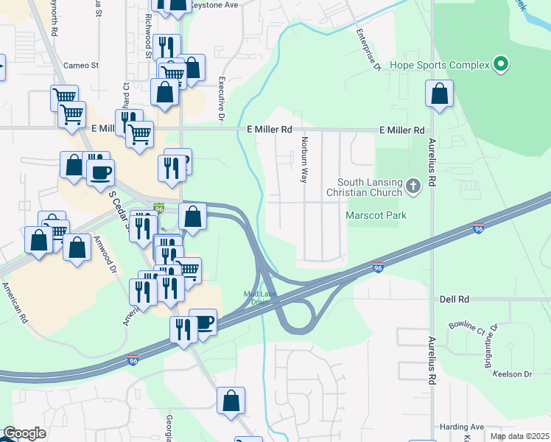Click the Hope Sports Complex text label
click(x=440, y=65)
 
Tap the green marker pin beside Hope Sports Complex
click(x=501, y=65)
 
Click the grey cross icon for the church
click(x=413, y=186)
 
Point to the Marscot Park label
click(x=376, y=215)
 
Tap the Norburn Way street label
click(x=303, y=159)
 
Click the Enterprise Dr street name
click(x=367, y=50)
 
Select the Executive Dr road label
click(x=221, y=98)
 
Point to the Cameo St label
click(x=81, y=65)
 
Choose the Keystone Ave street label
click(x=215, y=4)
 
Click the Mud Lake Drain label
click(x=258, y=298)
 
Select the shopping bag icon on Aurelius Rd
click(x=439, y=95)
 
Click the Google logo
click(x=24, y=434)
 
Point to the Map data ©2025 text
click(x=520, y=436)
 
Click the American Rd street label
click(x=14, y=303)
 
